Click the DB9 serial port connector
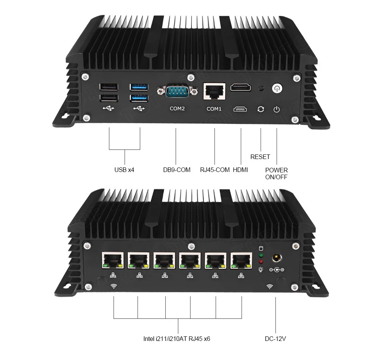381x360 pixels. point(177,92)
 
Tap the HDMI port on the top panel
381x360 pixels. point(241,88)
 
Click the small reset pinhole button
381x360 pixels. point(261,88)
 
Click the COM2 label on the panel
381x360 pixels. point(177,109)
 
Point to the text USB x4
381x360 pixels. point(124,170)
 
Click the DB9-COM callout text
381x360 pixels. point(176,170)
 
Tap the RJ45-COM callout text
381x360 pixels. point(215,170)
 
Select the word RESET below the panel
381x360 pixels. point(260,157)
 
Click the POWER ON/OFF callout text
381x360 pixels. point(277,174)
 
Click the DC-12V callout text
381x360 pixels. point(275,338)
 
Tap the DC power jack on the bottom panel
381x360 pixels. point(277,258)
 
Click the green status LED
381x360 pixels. point(261,255)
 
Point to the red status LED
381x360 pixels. point(261,262)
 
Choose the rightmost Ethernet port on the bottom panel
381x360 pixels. point(241,261)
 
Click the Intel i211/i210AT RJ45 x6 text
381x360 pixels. point(177,338)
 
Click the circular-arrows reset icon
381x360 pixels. point(261,109)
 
